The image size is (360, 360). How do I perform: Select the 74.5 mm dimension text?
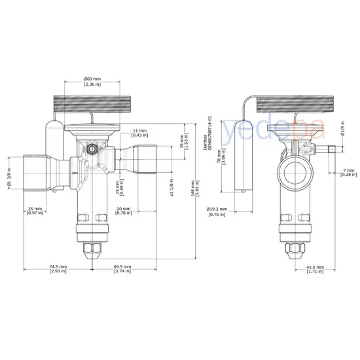coord(58,270)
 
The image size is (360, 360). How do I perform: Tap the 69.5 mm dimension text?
coord(122,270)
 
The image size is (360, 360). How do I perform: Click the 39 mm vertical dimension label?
coord(184,141)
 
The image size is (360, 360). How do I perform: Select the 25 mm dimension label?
coord(35,212)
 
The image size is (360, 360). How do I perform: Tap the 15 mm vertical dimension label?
coord(119,188)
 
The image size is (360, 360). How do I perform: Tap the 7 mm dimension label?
coord(349,173)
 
